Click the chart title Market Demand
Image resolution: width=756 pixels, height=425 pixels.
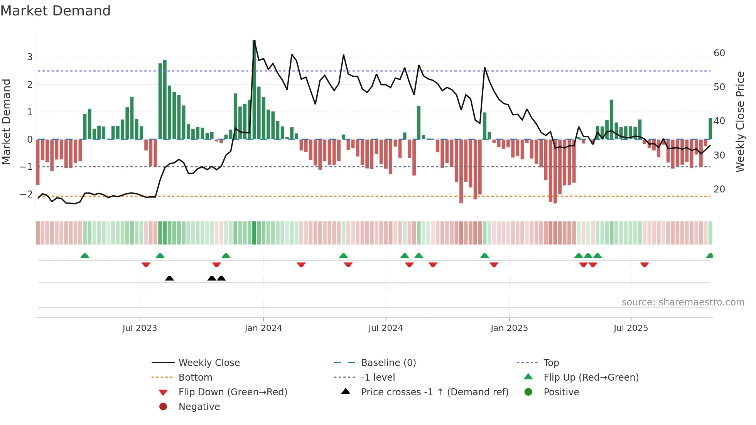[x=56, y=11]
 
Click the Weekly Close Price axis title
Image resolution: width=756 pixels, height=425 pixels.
[x=740, y=121]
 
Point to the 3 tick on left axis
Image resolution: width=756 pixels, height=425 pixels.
[x=30, y=57]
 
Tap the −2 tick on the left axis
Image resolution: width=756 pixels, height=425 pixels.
[x=27, y=194]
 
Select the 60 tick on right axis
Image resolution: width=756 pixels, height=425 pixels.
[x=719, y=53]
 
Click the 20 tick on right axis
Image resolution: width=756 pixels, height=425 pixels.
[x=719, y=189]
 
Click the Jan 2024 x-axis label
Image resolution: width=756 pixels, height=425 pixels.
[x=263, y=328]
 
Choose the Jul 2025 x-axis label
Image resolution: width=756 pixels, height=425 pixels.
[x=631, y=328]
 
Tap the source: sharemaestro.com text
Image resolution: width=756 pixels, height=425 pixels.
[x=683, y=302]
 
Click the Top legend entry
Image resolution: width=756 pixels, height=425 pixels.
[x=551, y=363]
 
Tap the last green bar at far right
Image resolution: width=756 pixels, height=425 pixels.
[x=710, y=129]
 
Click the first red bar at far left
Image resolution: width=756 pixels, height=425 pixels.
[x=38, y=162]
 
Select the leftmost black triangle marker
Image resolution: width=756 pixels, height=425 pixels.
[x=169, y=278]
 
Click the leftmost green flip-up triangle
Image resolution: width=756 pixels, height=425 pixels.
[x=85, y=256]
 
